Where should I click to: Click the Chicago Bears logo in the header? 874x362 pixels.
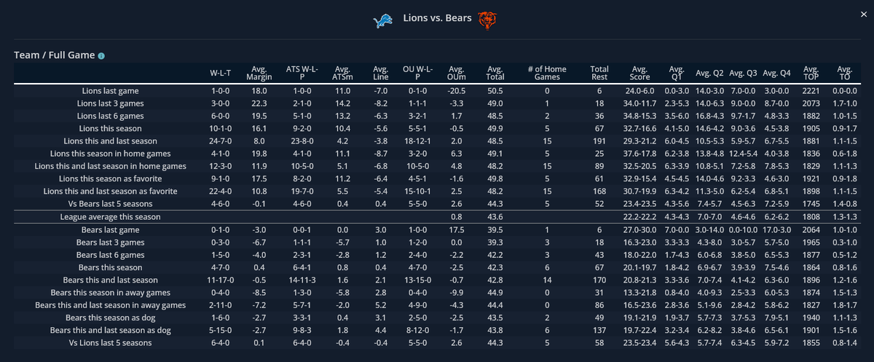pyautogui.click(x=487, y=20)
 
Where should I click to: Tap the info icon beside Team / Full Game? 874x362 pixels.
pyautogui.click(x=101, y=55)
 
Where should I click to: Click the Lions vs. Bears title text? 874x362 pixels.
pyautogui.click(x=437, y=17)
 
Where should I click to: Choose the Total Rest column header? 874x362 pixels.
pyautogui.click(x=599, y=74)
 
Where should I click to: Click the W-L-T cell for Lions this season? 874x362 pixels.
pyautogui.click(x=221, y=129)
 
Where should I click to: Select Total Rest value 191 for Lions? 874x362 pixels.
pyautogui.click(x=599, y=141)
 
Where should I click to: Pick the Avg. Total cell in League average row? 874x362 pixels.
pyautogui.click(x=495, y=217)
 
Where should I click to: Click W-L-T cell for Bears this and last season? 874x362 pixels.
pyautogui.click(x=221, y=280)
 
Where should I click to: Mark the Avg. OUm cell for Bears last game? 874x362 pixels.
pyautogui.click(x=457, y=229)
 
